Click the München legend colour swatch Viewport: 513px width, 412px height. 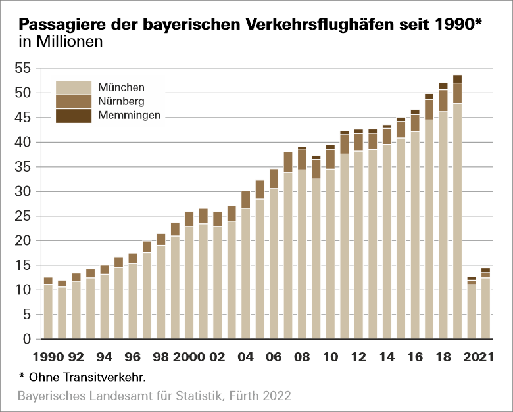[x=73, y=87]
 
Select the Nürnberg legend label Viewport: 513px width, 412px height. [x=121, y=101]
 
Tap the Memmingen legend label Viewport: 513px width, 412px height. [x=129, y=116]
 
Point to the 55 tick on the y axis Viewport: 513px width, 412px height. [x=22, y=68]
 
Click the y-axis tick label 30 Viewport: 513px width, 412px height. [x=22, y=191]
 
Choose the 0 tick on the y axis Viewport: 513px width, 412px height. [x=27, y=339]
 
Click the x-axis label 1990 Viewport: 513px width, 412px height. [x=47, y=357]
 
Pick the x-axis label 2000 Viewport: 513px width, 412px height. [x=189, y=357]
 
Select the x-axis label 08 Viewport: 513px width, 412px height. [x=302, y=357]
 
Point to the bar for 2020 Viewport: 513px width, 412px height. [x=472, y=311]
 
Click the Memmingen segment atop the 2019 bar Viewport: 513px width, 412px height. [x=457, y=79]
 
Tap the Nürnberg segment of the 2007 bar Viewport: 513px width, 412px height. [x=287, y=162]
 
